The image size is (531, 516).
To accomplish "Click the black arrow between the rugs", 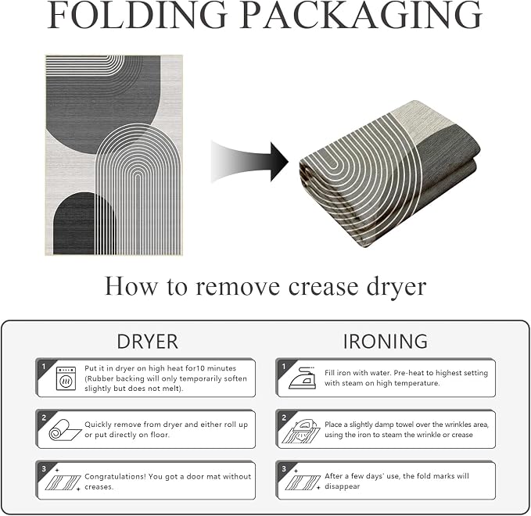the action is coord(249,162).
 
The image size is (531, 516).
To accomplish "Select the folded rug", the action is coord(389,174).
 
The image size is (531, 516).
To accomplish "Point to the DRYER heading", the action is coord(147,342).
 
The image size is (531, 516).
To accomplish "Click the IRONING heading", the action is coord(386,342).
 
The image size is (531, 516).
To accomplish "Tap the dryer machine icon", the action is coord(66,378).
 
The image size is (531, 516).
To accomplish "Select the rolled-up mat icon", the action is coord(64,430).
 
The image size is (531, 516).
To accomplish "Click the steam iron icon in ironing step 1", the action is coord(303,378).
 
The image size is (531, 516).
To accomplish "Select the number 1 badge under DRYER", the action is coord(43,367).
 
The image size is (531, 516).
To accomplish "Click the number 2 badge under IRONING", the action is coord(284,417).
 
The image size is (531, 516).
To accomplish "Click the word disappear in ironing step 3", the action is coord(342,486).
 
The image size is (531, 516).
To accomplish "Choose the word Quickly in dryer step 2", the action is coord(99,425).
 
